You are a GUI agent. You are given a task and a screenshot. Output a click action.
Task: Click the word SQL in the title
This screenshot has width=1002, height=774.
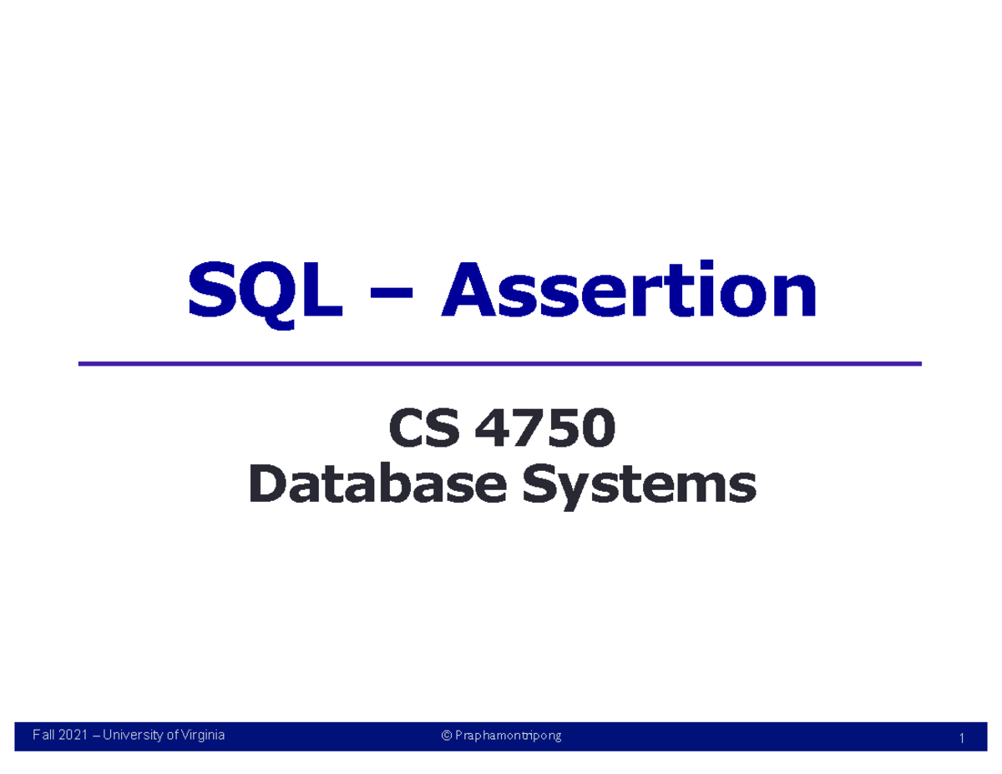[x=266, y=289]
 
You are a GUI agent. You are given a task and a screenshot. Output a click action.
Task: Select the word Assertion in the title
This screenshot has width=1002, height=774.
[x=630, y=289]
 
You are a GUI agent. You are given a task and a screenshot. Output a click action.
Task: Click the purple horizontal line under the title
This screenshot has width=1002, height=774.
[x=499, y=364]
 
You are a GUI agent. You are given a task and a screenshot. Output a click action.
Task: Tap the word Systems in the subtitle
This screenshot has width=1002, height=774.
[x=638, y=486]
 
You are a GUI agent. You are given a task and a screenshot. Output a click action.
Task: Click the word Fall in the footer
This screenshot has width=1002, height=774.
[x=42, y=736]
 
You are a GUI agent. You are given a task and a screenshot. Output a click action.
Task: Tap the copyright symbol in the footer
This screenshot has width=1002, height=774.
[x=447, y=736]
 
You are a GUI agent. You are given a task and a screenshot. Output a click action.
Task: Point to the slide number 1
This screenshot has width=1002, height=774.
[x=962, y=738]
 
